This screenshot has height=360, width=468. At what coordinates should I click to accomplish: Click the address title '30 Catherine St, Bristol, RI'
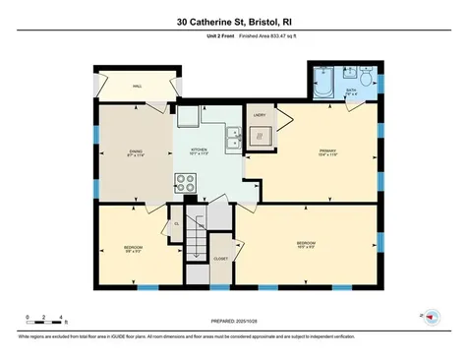tap(233, 21)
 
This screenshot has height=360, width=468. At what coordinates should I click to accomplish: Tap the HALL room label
tap(139, 87)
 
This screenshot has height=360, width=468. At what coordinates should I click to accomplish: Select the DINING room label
tap(137, 152)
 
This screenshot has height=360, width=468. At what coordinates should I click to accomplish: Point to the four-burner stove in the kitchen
tap(186, 181)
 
